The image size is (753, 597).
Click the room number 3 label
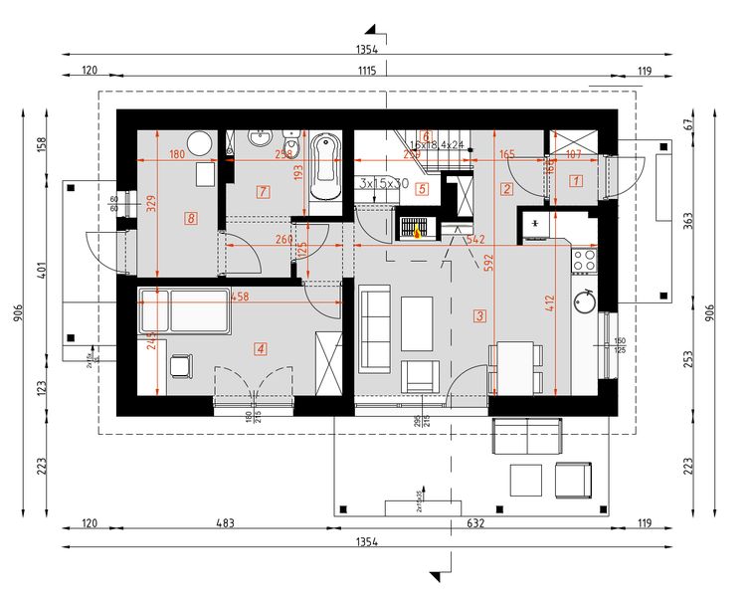pos(480,316)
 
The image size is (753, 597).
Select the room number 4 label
pos(261,349)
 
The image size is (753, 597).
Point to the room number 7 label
pos(263,191)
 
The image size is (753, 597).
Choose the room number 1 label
pos(575,181)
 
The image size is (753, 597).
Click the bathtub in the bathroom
pos(325,169)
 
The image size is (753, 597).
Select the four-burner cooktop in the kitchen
pos(583,261)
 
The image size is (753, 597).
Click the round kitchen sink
pos(584,298)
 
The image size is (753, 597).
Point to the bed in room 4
pos(185,311)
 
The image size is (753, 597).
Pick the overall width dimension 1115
pos(366,71)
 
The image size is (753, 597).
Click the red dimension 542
pos(474,240)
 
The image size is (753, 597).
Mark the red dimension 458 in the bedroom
pos(239,297)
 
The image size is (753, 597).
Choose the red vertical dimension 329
pos(152,204)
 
